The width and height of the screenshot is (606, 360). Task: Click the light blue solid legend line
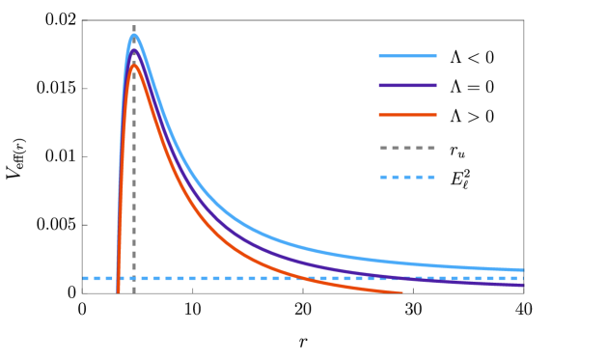pyautogui.click(x=407, y=56)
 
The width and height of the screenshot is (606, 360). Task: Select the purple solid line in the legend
pyautogui.click(x=407, y=86)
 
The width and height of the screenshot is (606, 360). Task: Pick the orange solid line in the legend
pyautogui.click(x=407, y=115)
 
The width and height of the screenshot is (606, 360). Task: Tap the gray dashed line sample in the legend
pyautogui.click(x=407, y=149)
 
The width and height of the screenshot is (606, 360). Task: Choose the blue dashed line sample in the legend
pyautogui.click(x=407, y=178)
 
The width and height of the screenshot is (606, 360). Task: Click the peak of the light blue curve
pyautogui.click(x=134, y=36)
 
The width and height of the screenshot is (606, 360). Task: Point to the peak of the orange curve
pyautogui.click(x=134, y=65)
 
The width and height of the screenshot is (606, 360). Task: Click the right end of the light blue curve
pyautogui.click(x=523, y=269)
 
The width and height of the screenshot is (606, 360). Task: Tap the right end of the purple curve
pyautogui.click(x=523, y=285)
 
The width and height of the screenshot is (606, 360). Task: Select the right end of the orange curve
pyautogui.click(x=401, y=291)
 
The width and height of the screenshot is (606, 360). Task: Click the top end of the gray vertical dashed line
pyautogui.click(x=134, y=26)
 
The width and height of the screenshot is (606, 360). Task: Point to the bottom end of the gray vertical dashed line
pyautogui.click(x=134, y=292)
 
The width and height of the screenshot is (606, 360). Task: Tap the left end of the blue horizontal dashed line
pyautogui.click(x=83, y=278)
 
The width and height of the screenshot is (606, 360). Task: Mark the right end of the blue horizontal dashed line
pyautogui.click(x=523, y=278)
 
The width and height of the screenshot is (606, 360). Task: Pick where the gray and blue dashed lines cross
pyautogui.click(x=134, y=278)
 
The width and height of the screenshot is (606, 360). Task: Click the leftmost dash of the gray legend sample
pyautogui.click(x=384, y=149)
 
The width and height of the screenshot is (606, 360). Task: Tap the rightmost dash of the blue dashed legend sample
pyautogui.click(x=431, y=178)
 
